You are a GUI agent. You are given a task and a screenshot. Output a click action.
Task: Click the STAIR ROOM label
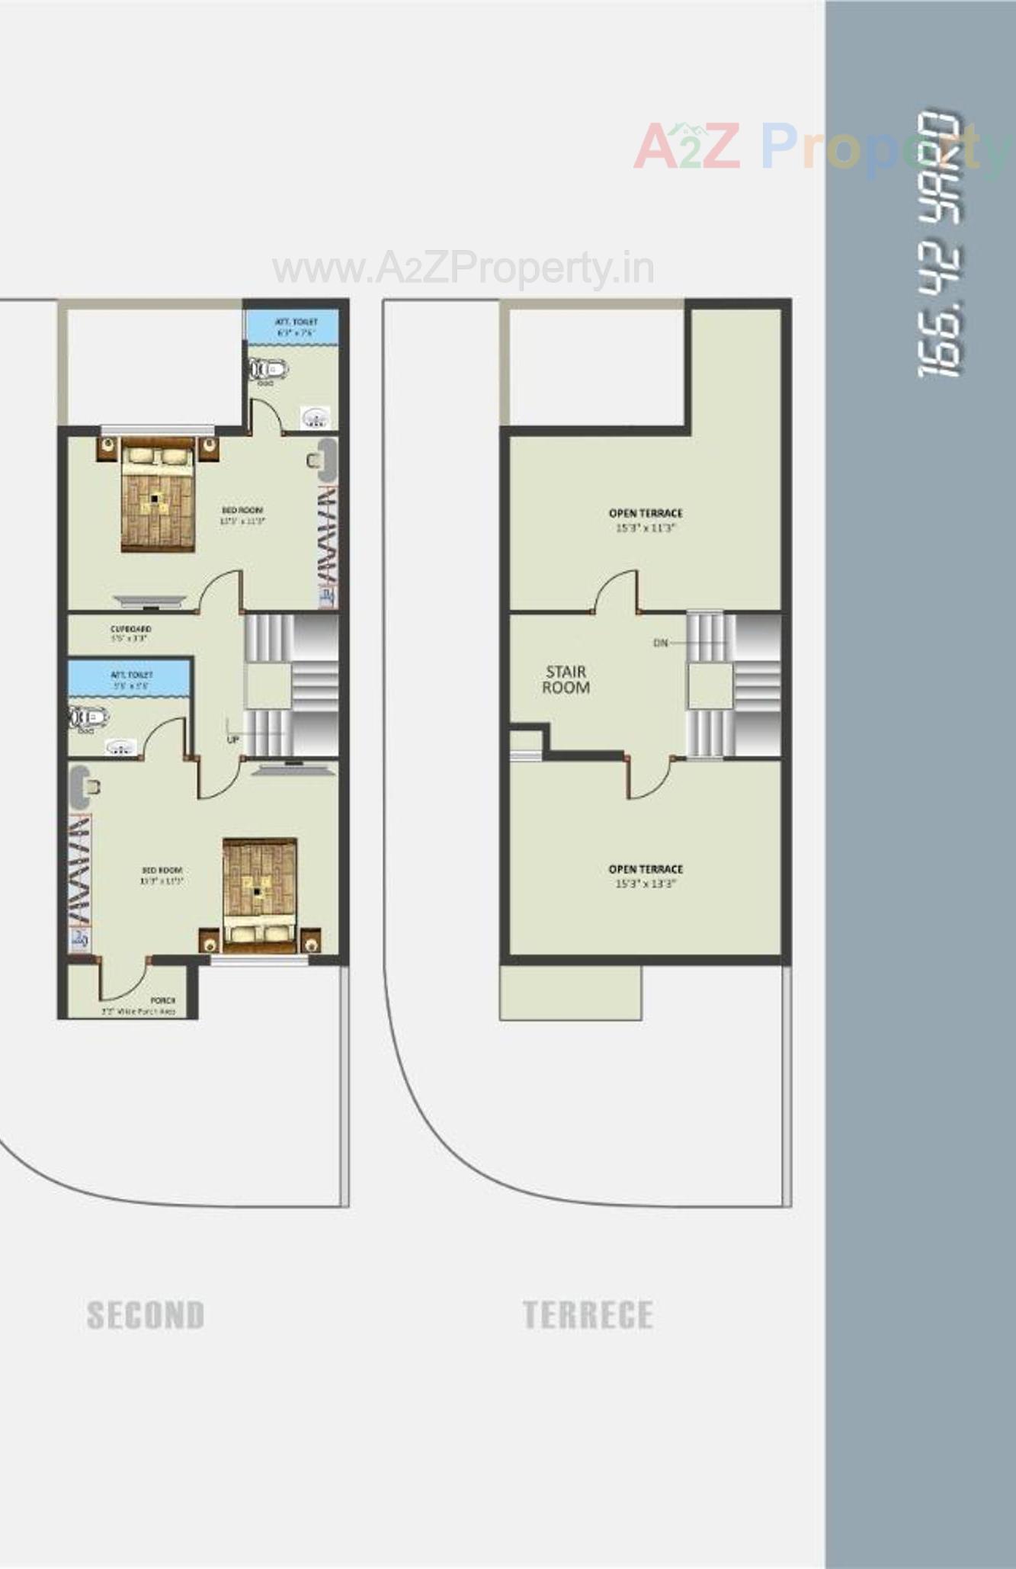(x=566, y=679)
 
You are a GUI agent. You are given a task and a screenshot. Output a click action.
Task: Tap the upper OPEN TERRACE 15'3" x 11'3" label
(x=646, y=520)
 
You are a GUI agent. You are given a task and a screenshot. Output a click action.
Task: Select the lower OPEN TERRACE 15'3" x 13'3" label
(x=646, y=876)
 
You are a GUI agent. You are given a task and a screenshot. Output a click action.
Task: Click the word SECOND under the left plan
(x=146, y=1315)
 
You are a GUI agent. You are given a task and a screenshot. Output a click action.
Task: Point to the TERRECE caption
(x=588, y=1315)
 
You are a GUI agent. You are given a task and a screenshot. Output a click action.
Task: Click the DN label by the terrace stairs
(x=661, y=643)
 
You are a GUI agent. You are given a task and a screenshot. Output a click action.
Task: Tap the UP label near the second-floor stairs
(x=232, y=740)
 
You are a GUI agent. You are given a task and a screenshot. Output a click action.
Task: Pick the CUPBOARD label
(x=130, y=634)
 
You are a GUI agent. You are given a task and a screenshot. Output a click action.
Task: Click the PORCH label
(x=162, y=1000)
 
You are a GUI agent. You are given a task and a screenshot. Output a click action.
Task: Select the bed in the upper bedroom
(x=158, y=496)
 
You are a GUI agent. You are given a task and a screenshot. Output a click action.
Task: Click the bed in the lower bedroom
(x=259, y=893)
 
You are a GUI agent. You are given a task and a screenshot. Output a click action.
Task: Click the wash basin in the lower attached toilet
(x=120, y=747)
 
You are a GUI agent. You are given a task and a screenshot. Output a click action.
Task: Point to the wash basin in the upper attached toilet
(x=315, y=418)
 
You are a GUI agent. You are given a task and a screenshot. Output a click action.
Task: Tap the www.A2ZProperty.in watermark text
(x=463, y=268)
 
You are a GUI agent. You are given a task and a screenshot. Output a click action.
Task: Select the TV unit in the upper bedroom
(x=149, y=601)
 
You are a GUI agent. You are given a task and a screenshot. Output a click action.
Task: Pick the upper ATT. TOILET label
(x=296, y=327)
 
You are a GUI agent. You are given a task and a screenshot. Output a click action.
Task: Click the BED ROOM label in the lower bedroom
(x=162, y=875)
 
